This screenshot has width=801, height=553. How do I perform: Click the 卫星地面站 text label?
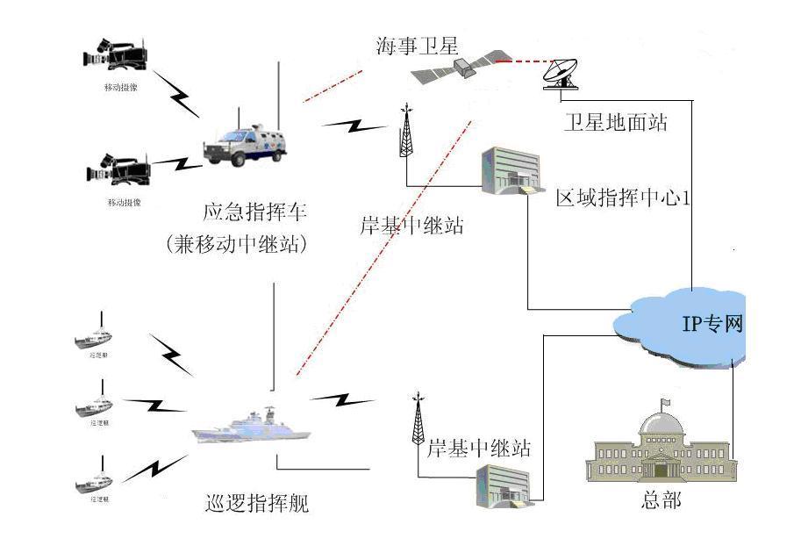point(615,121)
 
